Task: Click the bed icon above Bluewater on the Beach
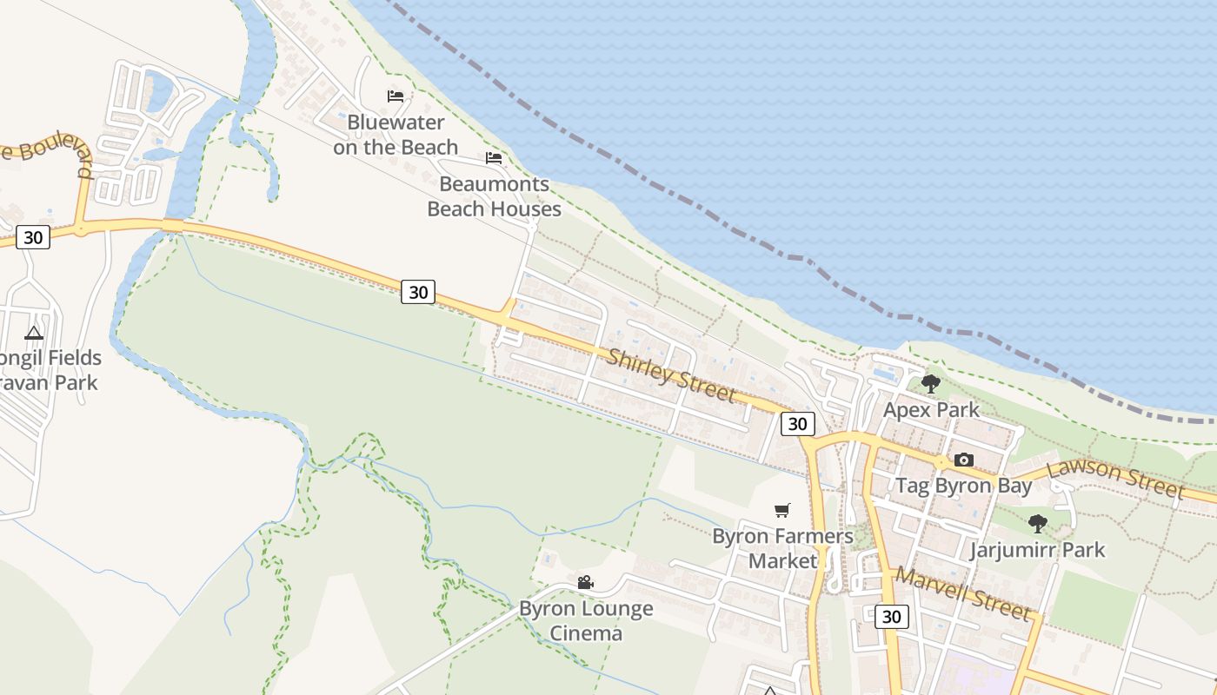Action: (396, 96)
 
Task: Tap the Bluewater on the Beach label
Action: (396, 135)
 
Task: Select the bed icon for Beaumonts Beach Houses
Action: (494, 158)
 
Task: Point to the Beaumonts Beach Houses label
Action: (494, 196)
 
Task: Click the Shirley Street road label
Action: (671, 375)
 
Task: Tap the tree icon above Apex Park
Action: (931, 383)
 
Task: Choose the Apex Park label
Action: (931, 410)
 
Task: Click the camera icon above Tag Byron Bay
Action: (963, 460)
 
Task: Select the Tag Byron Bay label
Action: (963, 486)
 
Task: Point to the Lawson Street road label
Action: (1115, 480)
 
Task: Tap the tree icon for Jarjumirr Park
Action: (1037, 523)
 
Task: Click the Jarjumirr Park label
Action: (1037, 550)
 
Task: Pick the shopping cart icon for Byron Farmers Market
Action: (782, 510)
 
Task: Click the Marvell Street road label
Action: (963, 593)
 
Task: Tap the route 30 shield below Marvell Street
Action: (891, 617)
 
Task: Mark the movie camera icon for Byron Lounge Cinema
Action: (586, 582)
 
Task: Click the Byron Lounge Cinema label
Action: (586, 620)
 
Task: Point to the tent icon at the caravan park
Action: (34, 332)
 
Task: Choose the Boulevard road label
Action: (48, 153)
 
